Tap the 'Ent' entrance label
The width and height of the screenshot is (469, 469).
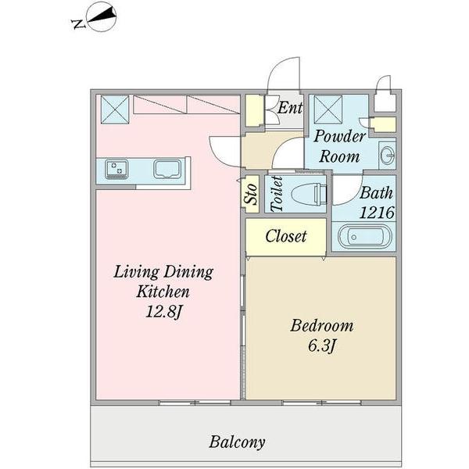coord(290,108)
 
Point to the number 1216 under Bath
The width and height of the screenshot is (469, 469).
coord(375,212)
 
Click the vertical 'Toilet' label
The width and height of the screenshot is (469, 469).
coord(276,193)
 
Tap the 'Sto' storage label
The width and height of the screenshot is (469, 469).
coord(251,194)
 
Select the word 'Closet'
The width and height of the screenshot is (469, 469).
coord(285,236)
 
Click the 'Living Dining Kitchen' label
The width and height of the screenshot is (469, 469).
coord(163,282)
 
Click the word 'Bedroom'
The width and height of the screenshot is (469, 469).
coord(322,325)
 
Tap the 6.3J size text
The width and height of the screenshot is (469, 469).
coord(321,345)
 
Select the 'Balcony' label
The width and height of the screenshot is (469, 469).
coord(237,442)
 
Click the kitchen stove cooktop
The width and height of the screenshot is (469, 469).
coord(118,168)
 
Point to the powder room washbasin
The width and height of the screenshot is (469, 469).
coord(387,154)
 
